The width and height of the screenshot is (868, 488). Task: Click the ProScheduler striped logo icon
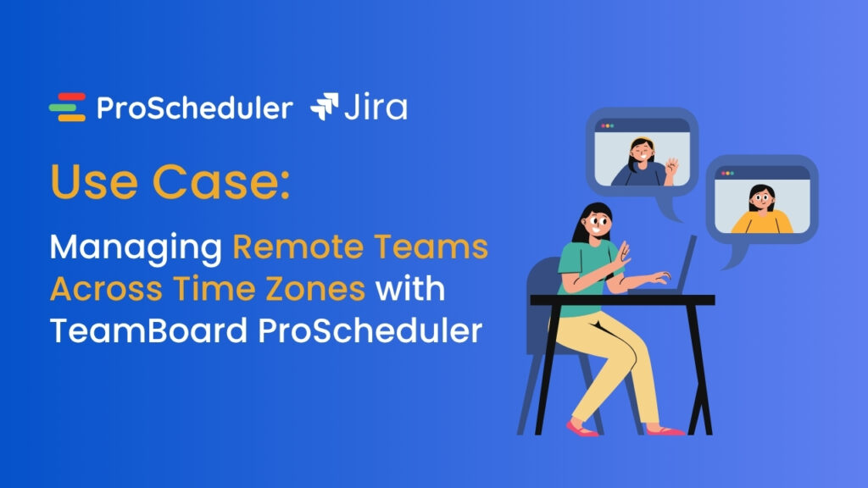click(x=67, y=108)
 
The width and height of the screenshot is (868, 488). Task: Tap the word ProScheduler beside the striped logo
click(x=194, y=108)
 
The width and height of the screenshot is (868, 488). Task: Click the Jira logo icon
click(x=325, y=108)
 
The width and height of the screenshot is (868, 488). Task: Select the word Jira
click(x=376, y=108)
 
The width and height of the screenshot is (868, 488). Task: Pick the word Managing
click(x=136, y=247)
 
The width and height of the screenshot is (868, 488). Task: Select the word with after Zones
click(x=410, y=290)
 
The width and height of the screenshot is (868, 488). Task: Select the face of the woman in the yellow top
click(x=760, y=202)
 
